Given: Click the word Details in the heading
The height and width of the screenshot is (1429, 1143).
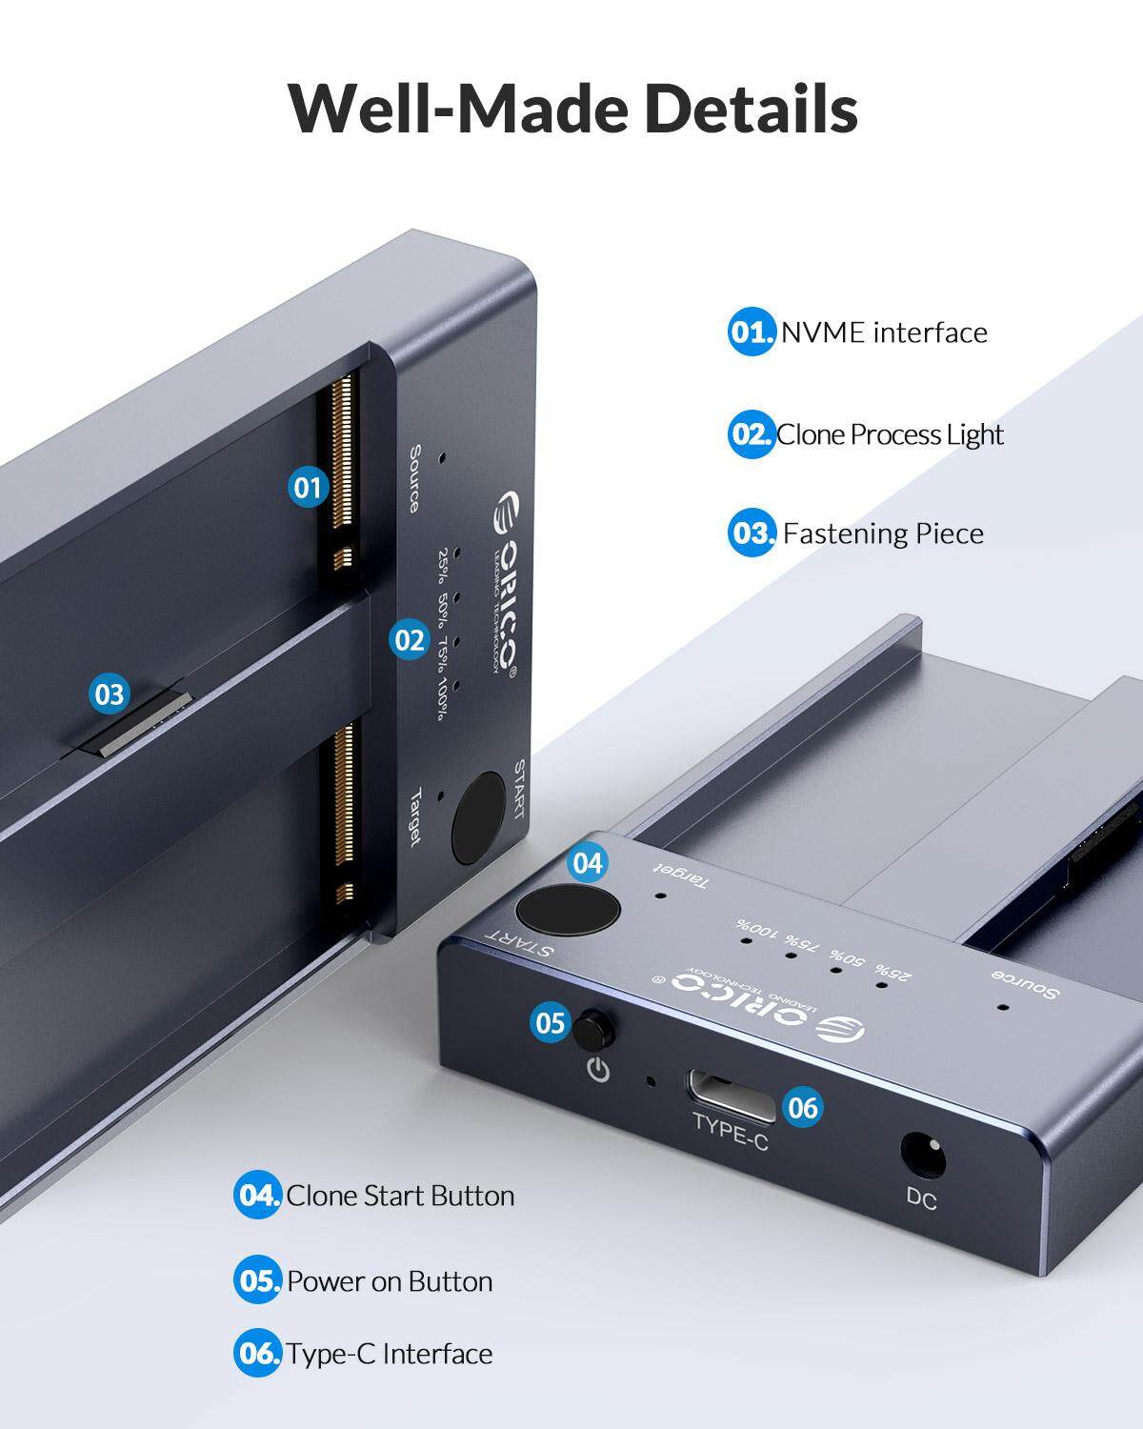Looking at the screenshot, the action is point(752,109).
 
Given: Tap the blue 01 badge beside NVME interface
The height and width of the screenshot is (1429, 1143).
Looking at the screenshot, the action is point(752,332).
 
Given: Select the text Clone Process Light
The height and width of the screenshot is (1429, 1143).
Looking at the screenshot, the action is point(890,435).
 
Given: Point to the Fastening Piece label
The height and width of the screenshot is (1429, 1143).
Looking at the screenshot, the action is point(883,533).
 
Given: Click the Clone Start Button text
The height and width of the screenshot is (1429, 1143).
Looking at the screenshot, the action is point(400,1196).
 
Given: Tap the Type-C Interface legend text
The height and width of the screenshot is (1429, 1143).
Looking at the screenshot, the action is point(390,1354).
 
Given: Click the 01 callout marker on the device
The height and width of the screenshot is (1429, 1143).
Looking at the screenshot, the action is point(308,488).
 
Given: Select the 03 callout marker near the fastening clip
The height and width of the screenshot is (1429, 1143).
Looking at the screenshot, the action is point(109,694).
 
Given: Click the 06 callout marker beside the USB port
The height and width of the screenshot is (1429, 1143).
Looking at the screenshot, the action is point(802,1108).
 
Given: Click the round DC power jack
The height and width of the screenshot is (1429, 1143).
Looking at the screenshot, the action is point(923,1156).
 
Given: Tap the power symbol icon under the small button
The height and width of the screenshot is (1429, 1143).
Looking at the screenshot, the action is point(599,1070).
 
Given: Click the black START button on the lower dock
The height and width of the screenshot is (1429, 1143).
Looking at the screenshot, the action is point(568,910).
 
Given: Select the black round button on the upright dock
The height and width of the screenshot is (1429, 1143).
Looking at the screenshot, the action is point(478,817).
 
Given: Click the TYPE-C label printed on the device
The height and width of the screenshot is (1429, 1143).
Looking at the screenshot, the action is point(731,1133).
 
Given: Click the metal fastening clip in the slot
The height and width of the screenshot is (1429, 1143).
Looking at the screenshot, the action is point(139,724).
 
